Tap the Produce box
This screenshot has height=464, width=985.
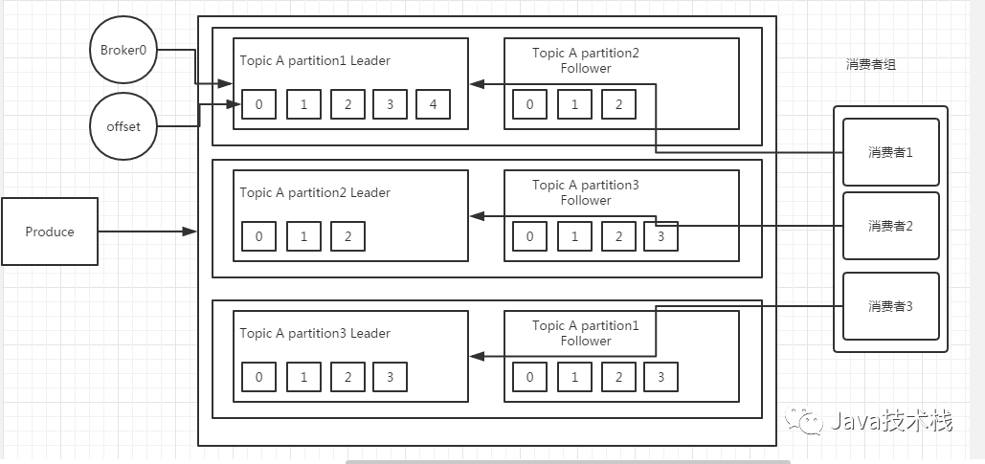(x=50, y=232)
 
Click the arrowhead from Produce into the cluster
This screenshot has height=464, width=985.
(x=190, y=232)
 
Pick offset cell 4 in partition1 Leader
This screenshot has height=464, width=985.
(x=433, y=104)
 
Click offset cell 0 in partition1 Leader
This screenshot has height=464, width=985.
(x=258, y=104)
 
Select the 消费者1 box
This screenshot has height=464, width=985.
(x=891, y=152)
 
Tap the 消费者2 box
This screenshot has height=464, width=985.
(x=891, y=226)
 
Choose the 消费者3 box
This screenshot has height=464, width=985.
(x=891, y=306)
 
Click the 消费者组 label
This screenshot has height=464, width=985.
(x=871, y=65)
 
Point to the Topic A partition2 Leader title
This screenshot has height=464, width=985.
(x=315, y=192)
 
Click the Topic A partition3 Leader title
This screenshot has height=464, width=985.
(x=315, y=333)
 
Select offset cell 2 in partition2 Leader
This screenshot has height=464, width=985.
(x=347, y=236)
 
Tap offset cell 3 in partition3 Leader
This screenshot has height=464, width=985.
(x=390, y=377)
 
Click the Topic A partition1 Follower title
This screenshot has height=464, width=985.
(x=586, y=333)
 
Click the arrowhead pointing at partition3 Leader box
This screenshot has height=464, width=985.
(x=478, y=357)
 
